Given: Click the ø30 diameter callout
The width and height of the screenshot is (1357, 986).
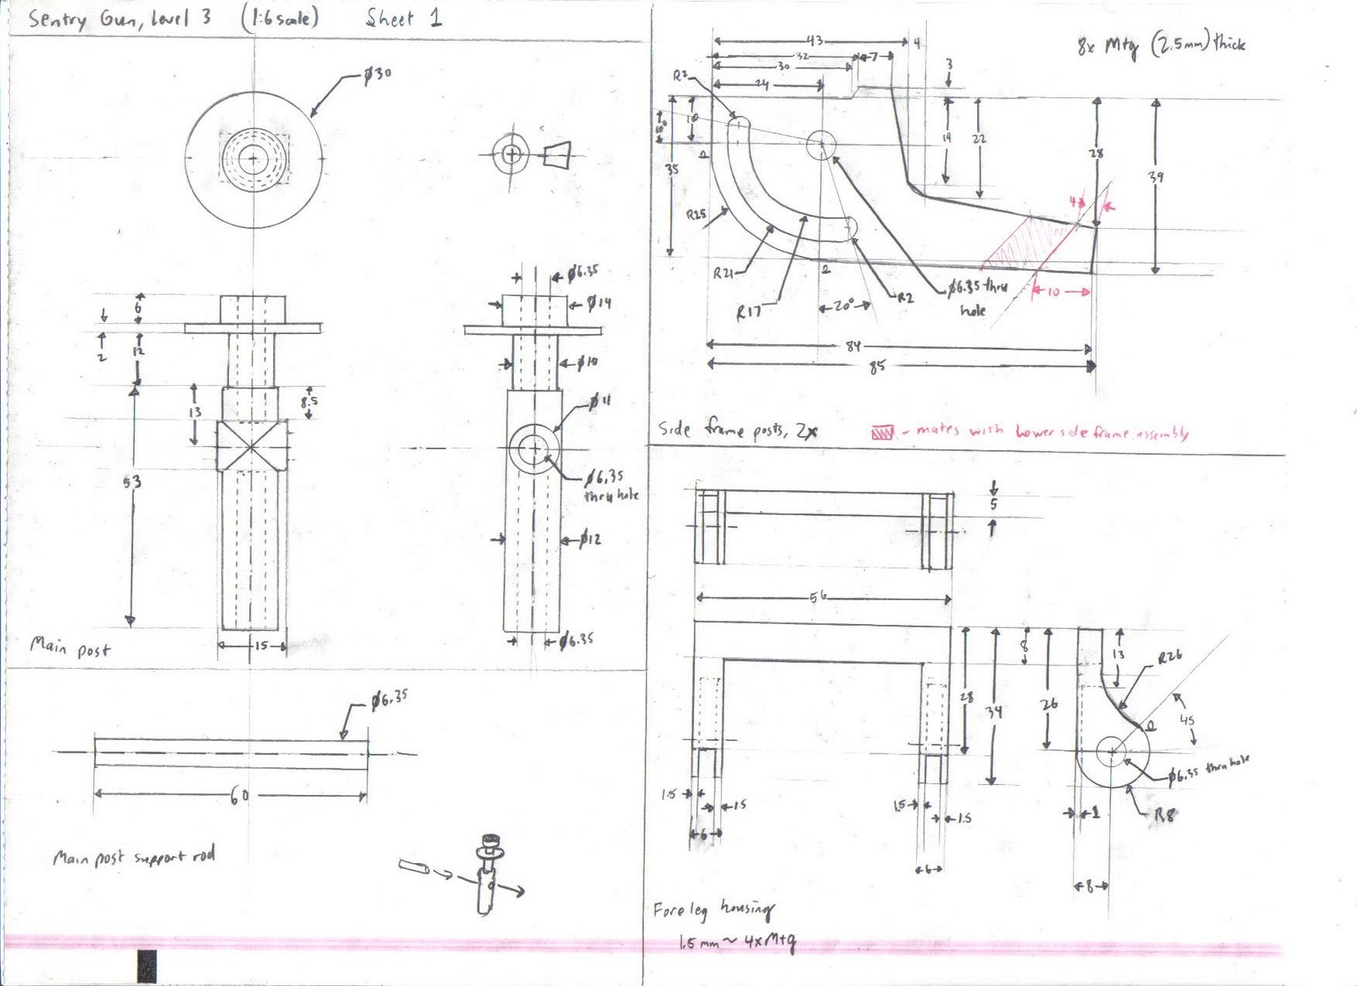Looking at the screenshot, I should click(377, 75).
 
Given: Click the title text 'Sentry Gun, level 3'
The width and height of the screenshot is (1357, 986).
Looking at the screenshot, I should click(119, 19).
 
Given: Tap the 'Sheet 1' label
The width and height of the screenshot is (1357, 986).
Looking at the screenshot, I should click(404, 19).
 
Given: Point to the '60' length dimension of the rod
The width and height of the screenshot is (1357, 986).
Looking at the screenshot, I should click(239, 796).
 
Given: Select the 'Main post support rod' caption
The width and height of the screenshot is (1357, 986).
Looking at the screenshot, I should click(134, 857).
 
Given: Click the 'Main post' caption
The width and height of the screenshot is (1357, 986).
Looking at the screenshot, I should click(70, 648).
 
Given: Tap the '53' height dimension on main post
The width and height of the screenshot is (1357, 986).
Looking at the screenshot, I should click(132, 482).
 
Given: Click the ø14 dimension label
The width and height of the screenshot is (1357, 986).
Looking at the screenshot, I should click(599, 303).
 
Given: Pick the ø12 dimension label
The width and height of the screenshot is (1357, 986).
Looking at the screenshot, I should click(590, 538).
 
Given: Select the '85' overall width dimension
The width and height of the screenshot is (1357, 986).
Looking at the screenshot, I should click(877, 366).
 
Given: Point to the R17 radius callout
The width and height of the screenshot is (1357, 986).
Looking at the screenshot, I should click(748, 312).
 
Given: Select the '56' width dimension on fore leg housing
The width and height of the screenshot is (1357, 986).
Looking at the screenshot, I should click(818, 597).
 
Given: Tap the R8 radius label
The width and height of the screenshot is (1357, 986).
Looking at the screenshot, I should click(1164, 816).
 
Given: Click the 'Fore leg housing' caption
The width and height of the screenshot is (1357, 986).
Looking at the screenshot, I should click(713, 911).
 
